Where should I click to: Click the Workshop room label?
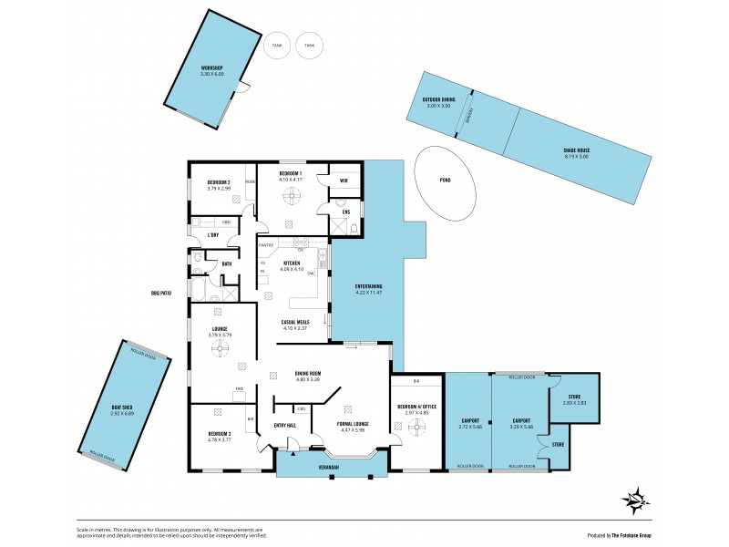coord(212,68)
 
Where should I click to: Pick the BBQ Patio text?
coord(161,293)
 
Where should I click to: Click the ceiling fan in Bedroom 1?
coord(290,193)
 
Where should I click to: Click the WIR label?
coord(344,180)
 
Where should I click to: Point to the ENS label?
coord(345,212)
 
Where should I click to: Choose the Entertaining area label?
coord(369,286)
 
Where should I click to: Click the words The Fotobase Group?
coord(640,534)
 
